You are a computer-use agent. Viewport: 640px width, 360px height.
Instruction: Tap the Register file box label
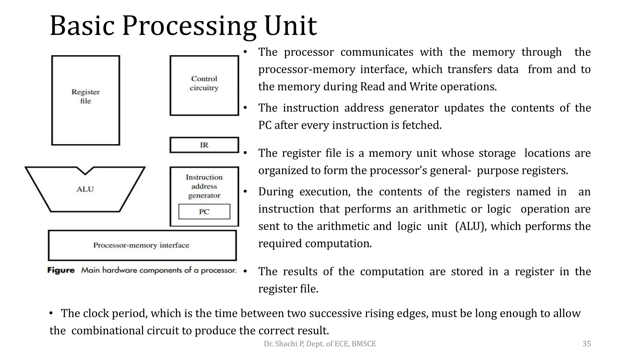(x=86, y=96)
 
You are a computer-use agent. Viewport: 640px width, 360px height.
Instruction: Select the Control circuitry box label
(x=204, y=83)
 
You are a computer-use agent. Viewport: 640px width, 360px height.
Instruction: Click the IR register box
(x=204, y=145)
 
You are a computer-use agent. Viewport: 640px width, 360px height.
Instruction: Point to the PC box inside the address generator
(x=204, y=212)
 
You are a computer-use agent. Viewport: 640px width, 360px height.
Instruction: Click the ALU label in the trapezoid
(x=85, y=189)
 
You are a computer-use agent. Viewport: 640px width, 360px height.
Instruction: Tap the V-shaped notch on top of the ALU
(x=85, y=171)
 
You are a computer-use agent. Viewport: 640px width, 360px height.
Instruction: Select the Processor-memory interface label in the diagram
(x=141, y=245)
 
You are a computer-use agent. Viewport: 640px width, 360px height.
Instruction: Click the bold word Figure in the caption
(x=61, y=270)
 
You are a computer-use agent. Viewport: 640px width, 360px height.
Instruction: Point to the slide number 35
(x=587, y=344)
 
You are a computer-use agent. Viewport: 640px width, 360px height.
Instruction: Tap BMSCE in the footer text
(x=364, y=344)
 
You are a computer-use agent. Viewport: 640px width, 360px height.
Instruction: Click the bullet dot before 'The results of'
(x=245, y=271)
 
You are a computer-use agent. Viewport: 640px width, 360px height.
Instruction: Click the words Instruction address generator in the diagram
(x=204, y=186)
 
